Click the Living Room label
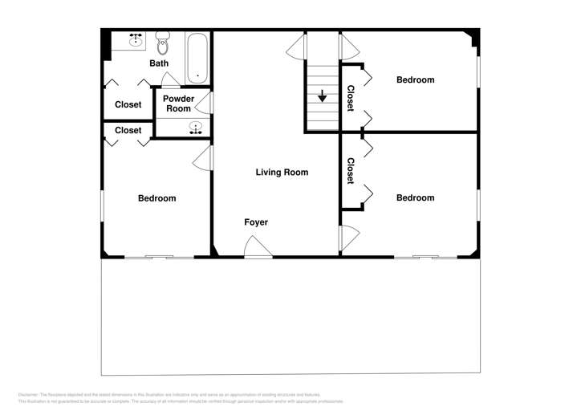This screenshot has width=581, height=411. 282,173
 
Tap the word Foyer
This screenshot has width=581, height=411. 256,222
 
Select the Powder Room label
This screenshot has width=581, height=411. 178,104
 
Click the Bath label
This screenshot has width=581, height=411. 159,63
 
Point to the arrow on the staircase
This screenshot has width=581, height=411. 323,96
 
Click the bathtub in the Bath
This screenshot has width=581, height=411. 197,57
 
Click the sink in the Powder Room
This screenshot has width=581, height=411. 194,128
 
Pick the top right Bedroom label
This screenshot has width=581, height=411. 416,79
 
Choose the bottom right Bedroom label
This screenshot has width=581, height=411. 416,198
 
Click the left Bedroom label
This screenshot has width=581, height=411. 156,198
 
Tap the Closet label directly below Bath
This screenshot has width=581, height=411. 128,104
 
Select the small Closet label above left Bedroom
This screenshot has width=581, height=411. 128,130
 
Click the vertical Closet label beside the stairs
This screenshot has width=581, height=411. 351,97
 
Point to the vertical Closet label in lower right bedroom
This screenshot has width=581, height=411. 351,171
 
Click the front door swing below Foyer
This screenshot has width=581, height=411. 258,251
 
